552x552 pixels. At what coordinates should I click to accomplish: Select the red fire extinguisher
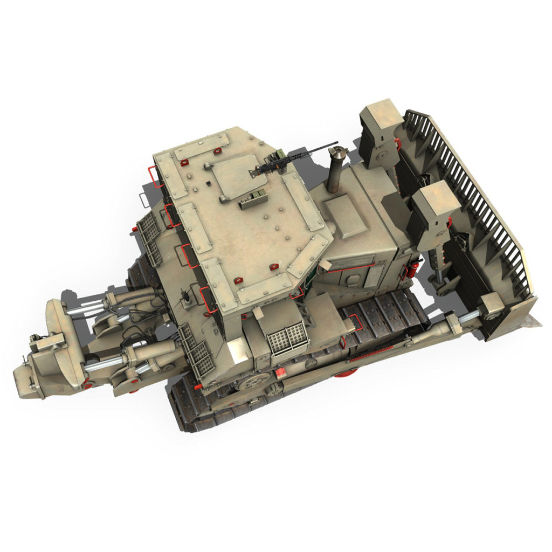pyautogui.click(x=411, y=268)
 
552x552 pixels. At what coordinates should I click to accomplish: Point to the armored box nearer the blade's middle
pyautogui.click(x=437, y=199)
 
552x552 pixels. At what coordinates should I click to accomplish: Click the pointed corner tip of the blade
pyautogui.click(x=539, y=323)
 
